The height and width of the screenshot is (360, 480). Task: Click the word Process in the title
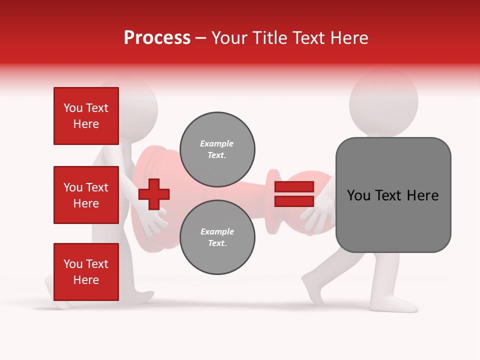click(157, 37)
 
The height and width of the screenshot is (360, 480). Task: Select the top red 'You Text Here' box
click(86, 116)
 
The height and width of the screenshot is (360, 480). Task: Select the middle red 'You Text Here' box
click(86, 195)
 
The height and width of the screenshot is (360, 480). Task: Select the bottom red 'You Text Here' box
click(86, 271)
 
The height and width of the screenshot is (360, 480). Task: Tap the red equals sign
click(294, 194)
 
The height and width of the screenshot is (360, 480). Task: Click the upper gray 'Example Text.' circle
click(217, 149)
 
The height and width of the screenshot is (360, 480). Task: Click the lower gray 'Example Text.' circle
click(217, 237)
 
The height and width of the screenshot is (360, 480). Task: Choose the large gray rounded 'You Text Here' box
click(393, 195)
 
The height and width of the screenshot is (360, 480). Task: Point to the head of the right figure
click(383, 102)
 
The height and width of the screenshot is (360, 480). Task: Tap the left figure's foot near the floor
click(57, 300)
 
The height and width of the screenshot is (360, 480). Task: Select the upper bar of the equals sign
click(294, 186)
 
